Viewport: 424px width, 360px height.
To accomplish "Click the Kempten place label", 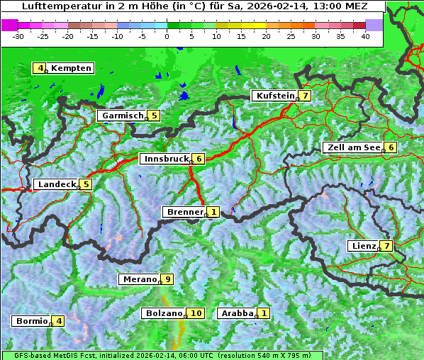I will tap(71, 68).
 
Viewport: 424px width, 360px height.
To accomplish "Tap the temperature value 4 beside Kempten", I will tap(40, 68).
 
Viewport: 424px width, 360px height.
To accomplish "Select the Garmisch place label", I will tap(121, 116).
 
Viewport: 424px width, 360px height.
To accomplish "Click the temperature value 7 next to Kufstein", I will tap(305, 96).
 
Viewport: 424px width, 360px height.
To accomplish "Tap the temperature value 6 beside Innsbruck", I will tap(199, 159).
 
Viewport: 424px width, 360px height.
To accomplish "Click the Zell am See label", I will tap(352, 147).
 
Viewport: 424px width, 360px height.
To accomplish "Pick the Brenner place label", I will tap(184, 212).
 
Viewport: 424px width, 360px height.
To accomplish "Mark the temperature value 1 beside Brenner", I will tap(213, 212).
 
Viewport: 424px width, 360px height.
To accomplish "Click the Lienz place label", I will tap(363, 246).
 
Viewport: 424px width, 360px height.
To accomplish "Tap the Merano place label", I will tap(139, 279).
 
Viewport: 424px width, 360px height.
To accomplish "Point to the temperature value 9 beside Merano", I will tap(167, 279).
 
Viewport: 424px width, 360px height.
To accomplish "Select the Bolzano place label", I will tap(164, 313).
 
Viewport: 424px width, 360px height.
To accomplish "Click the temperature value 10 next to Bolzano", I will tap(196, 313).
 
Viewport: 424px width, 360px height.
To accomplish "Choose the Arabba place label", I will tap(237, 313).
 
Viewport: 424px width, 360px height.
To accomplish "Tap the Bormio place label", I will tap(31, 321).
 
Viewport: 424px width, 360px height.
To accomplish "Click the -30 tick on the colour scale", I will tap(18, 35).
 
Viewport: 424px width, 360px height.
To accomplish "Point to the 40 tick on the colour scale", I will tap(365, 35).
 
